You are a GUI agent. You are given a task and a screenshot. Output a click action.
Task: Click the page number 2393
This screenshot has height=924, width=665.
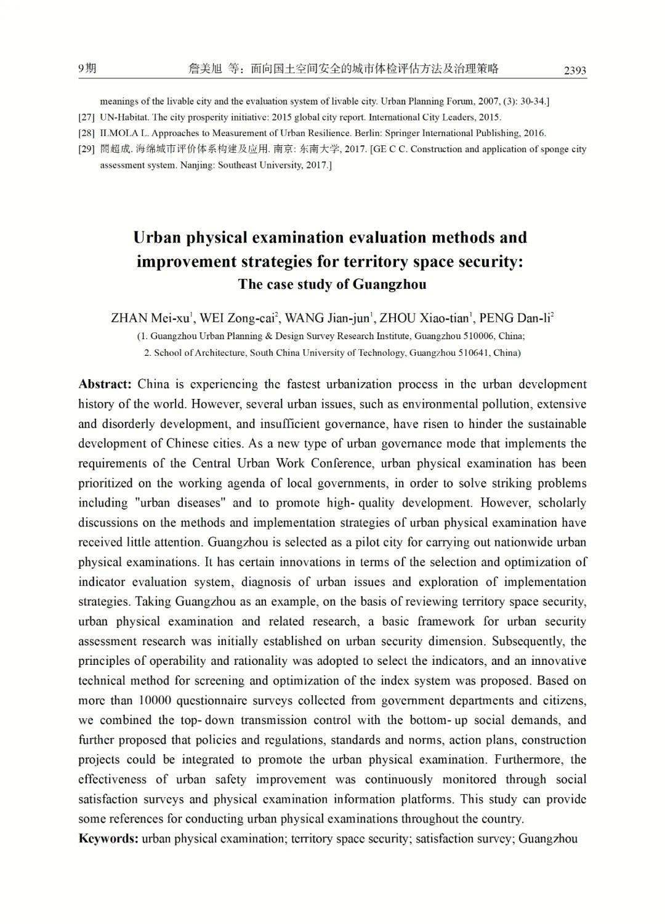click(x=574, y=71)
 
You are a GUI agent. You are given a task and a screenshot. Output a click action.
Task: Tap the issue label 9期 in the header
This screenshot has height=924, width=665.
click(x=87, y=68)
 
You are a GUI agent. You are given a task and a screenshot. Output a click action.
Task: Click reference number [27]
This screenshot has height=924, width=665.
click(x=86, y=117)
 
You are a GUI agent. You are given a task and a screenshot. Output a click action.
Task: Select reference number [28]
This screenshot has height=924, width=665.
click(x=86, y=133)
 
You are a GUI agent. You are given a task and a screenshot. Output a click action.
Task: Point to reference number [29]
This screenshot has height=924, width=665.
click(x=86, y=149)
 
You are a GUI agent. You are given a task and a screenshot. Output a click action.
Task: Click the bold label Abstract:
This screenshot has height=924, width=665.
click(x=105, y=384)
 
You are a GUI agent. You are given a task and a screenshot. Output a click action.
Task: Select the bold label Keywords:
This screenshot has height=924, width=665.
click(x=108, y=838)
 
